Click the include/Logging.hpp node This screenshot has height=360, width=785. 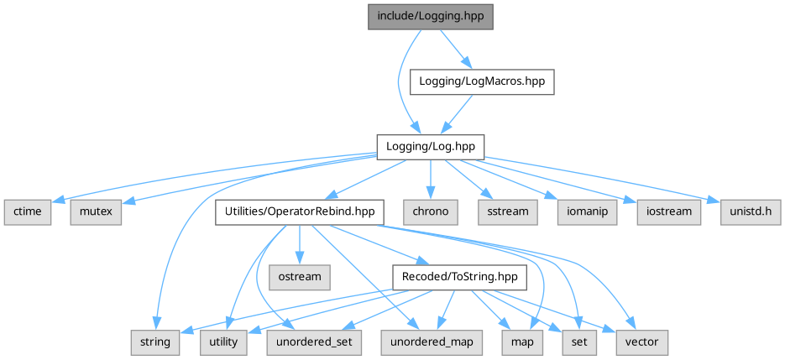[x=430, y=17]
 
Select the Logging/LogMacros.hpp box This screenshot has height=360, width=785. [x=482, y=81]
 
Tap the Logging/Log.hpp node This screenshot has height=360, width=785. [x=430, y=146]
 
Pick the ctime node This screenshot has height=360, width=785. [x=27, y=211]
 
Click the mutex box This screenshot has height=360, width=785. [x=96, y=211]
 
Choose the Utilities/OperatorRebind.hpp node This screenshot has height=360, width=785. [x=300, y=211]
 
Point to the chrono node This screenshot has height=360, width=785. [x=430, y=211]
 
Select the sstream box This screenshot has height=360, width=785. [x=506, y=211]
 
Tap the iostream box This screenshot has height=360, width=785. [x=668, y=211]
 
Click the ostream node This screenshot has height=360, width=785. [x=300, y=276]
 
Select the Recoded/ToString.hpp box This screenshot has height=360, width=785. [x=457, y=276]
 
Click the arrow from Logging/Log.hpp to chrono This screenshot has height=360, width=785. [x=430, y=178]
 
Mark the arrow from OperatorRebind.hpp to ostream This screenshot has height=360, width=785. [x=300, y=243]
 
